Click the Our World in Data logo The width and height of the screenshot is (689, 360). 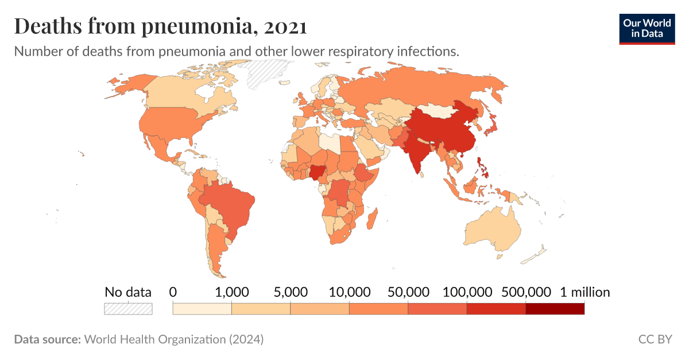pyautogui.click(x=647, y=28)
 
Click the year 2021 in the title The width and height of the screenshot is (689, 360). pyautogui.click(x=285, y=27)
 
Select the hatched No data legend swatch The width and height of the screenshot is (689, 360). pyautogui.click(x=128, y=309)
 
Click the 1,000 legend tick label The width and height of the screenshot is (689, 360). pyautogui.click(x=231, y=292)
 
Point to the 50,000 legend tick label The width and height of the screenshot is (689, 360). pyautogui.click(x=408, y=292)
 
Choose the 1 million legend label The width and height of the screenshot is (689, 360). pyautogui.click(x=585, y=292)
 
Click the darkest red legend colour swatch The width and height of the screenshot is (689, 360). pyautogui.click(x=555, y=309)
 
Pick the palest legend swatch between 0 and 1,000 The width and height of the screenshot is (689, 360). pyautogui.click(x=202, y=309)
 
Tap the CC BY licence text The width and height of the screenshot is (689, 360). pyautogui.click(x=655, y=339)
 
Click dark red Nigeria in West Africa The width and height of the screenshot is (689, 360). pyautogui.click(x=318, y=172)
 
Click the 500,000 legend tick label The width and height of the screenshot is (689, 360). pyautogui.click(x=526, y=292)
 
